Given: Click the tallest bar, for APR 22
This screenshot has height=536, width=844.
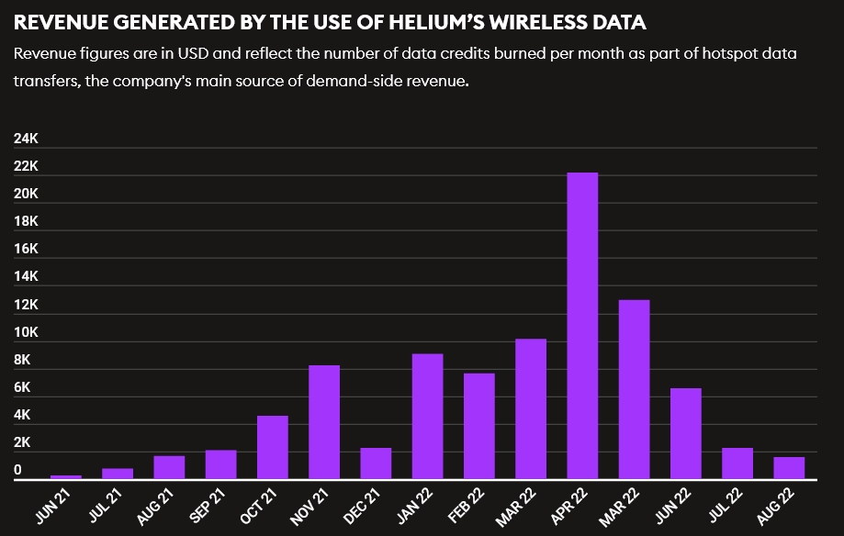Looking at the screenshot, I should (582, 325).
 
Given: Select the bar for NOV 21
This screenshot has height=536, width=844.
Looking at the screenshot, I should (324, 421).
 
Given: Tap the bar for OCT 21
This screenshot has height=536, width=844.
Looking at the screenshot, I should (273, 447).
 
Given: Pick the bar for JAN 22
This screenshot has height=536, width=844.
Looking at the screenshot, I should (428, 416).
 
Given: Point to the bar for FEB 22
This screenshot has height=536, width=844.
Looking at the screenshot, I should (479, 426).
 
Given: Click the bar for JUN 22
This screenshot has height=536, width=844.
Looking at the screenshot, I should (686, 433).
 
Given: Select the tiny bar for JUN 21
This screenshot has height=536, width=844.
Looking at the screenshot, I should (66, 476).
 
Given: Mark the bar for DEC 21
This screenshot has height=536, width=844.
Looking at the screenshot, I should (376, 463).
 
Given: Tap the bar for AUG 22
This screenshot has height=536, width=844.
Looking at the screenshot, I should (789, 467).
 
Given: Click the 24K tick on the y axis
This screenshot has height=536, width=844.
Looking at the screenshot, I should (26, 139).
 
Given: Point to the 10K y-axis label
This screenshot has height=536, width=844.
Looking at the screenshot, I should (26, 332).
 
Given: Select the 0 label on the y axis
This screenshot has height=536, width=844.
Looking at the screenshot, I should (17, 471).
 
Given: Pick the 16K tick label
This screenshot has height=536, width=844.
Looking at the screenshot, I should (26, 250).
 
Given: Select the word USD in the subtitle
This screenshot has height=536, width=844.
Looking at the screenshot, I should (196, 54).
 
